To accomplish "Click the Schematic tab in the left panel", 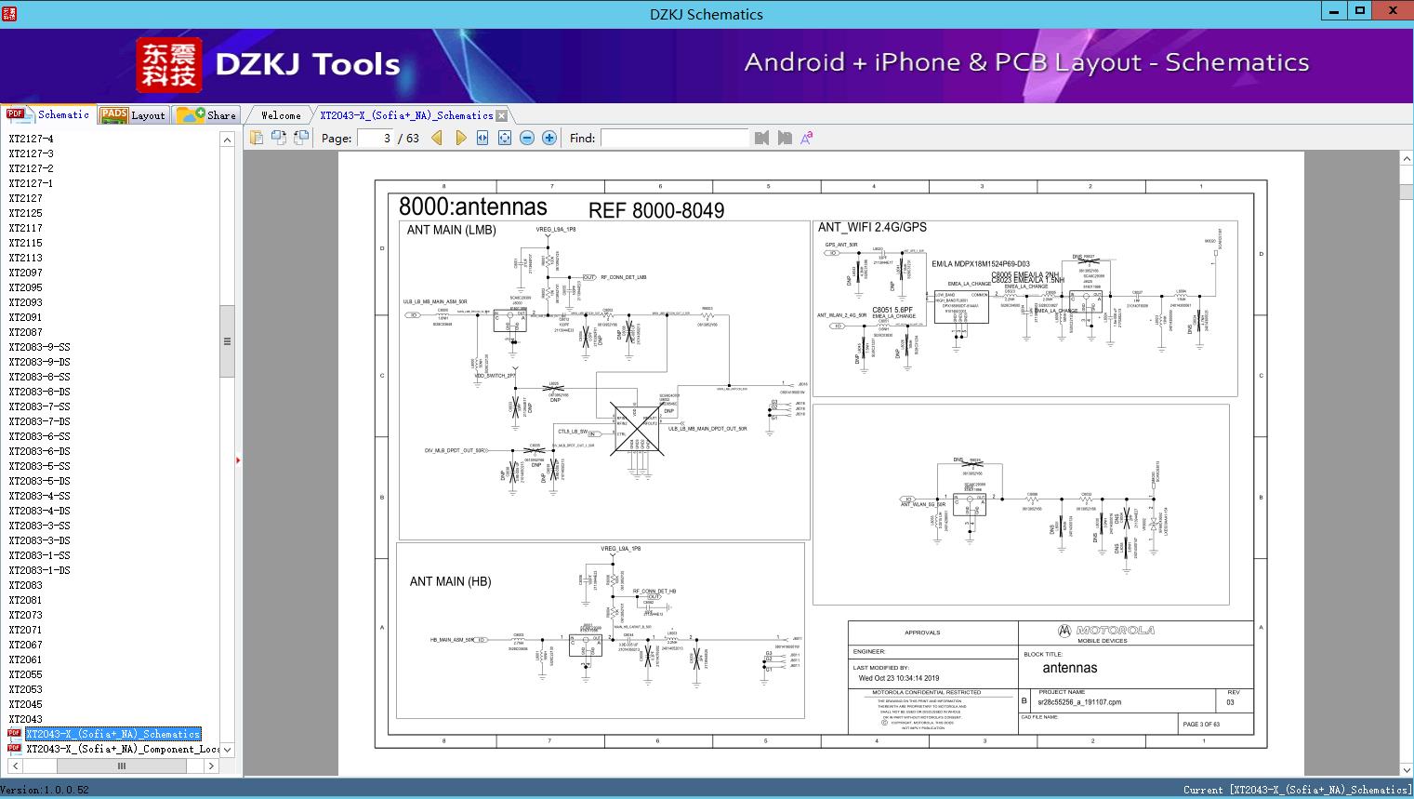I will click(49, 115).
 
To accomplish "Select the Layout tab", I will click(133, 115).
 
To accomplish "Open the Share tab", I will click(207, 115).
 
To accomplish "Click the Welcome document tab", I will click(281, 115).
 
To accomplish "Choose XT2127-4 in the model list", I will click(31, 139).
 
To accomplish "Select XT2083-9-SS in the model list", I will click(39, 347).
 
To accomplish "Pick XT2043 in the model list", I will click(25, 719).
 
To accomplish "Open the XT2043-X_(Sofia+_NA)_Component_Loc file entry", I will click(121, 749).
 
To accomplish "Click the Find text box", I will click(674, 138).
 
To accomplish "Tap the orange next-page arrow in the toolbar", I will click(461, 138).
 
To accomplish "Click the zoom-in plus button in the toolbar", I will click(549, 138).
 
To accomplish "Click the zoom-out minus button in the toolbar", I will click(527, 138).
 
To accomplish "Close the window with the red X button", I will click(1393, 11).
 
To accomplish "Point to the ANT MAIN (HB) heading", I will click(450, 581).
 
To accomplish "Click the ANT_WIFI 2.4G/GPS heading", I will click(872, 227).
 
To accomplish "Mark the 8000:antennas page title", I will click(472, 206).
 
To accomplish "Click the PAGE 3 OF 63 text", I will click(1201, 724).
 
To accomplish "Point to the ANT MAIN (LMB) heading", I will click(451, 230).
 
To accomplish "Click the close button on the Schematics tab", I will click(502, 115).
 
